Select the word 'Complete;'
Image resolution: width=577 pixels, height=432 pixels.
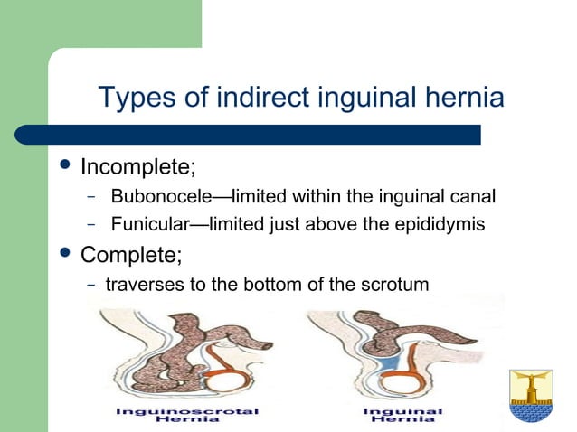coord(131,254)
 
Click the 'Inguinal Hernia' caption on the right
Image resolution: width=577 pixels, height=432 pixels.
coord(402,414)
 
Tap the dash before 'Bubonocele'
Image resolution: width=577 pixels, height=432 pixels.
coord(91,197)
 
